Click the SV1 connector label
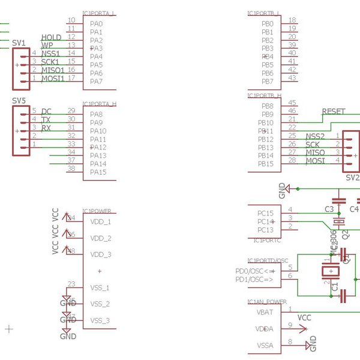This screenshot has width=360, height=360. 19,43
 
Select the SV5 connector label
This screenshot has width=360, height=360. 19,101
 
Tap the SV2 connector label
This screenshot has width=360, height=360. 352,178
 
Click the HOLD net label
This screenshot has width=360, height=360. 51,38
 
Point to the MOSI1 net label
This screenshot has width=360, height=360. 53,79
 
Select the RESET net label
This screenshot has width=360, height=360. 334,112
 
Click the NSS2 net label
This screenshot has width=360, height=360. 315,137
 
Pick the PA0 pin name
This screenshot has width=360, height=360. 96,23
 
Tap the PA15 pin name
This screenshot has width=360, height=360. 98,172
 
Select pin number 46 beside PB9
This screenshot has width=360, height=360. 292,111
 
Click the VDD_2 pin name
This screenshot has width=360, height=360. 100,238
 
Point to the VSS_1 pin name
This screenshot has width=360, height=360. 100,287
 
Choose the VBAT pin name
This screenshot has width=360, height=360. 265,313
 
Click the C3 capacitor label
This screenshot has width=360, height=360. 329,209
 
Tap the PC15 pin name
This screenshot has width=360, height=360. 265,213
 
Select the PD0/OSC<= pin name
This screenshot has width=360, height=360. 254,271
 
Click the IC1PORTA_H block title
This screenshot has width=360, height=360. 100,104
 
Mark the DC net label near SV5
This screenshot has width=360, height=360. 46,112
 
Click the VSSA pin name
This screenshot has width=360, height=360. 265,346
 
